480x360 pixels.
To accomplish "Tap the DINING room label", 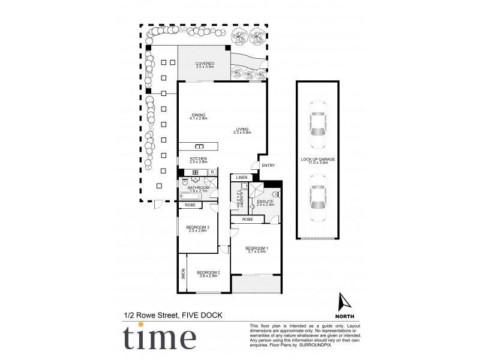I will coord(199,115).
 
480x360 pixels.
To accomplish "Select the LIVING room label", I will coord(242,130).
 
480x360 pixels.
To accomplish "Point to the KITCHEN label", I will coord(199,159).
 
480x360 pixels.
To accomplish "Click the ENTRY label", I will coord(268,166).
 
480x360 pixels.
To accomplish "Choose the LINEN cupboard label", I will coord(241,178).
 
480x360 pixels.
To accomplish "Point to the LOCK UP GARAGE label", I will coord(318,160).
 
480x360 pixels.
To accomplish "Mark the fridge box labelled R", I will coord(212,172).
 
